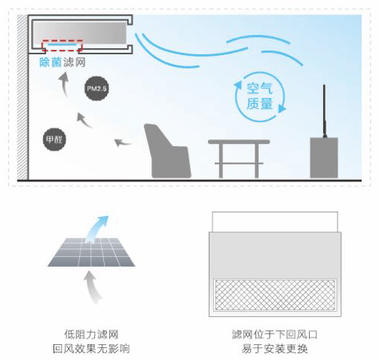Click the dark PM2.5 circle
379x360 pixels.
96,89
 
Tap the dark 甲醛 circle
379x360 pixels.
54,139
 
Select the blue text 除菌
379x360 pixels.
50,63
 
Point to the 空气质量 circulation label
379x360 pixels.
259,96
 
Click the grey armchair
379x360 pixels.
167,151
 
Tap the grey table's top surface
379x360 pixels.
239,142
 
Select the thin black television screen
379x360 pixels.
324,111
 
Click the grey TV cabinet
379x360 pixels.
324,157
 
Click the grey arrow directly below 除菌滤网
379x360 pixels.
64,84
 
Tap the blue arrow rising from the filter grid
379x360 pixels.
96,229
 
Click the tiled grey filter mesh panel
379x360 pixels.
91,252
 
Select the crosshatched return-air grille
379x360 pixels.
275,295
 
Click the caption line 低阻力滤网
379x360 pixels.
91,334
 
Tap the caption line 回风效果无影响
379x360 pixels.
91,349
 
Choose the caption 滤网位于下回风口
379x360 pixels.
275,334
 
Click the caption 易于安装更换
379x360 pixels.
275,349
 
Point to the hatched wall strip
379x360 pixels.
23,97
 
